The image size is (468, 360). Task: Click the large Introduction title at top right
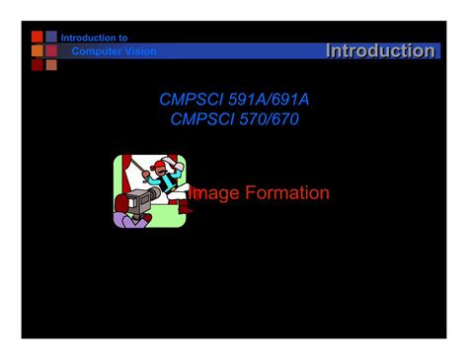(380, 50)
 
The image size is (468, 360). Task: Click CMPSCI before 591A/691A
(194, 100)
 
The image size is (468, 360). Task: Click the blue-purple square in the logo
(51, 36)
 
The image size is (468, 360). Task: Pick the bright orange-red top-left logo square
(38, 36)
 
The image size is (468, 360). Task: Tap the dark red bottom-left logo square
(38, 65)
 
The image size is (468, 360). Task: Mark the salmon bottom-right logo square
(51, 65)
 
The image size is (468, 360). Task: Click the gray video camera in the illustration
(137, 202)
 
